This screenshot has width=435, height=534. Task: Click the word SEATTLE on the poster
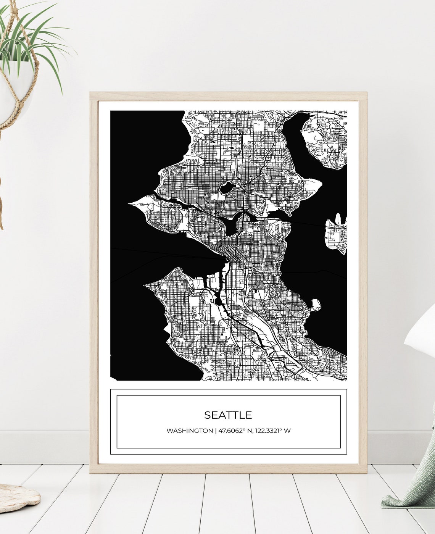click(x=228, y=415)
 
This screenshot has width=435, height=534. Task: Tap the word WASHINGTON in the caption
click(x=189, y=431)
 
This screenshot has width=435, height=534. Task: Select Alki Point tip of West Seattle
click(x=147, y=285)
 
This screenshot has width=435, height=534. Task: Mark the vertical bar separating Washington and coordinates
click(x=216, y=431)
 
